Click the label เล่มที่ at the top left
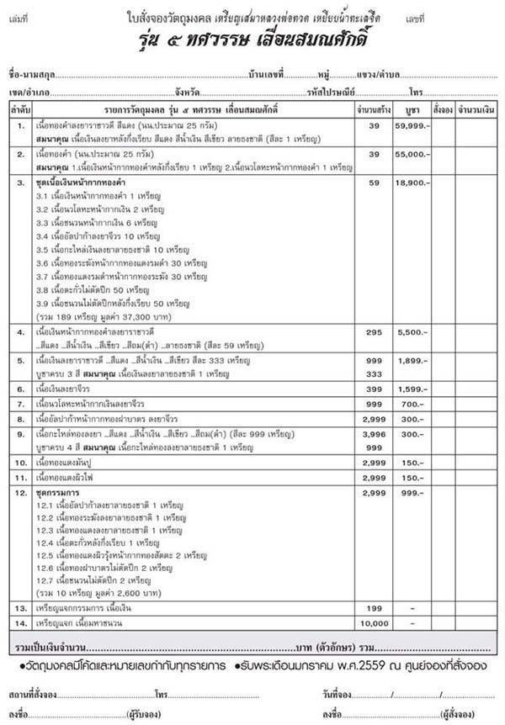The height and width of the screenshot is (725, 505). (x=19, y=17)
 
